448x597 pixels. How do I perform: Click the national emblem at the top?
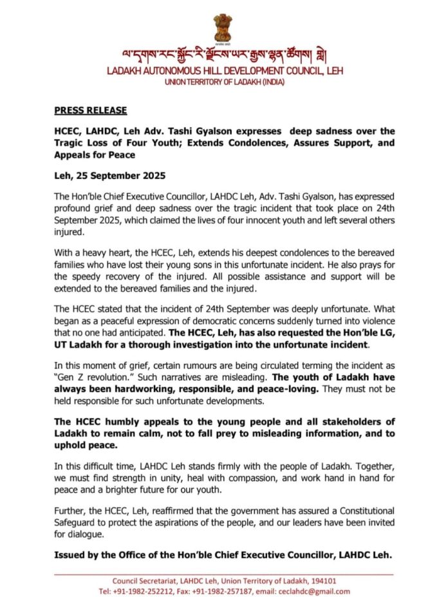[x=223, y=28]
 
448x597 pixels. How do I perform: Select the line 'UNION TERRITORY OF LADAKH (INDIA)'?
[x=223, y=82]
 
